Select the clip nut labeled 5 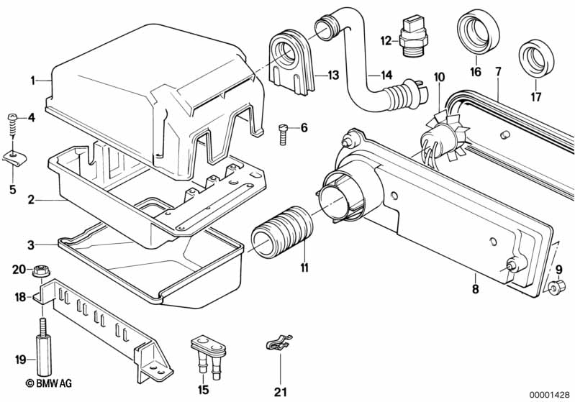[12, 156]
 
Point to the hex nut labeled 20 [37, 271]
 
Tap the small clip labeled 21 [279, 346]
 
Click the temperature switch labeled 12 [412, 40]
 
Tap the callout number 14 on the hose [386, 75]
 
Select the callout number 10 [439, 76]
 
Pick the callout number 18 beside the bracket [19, 296]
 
